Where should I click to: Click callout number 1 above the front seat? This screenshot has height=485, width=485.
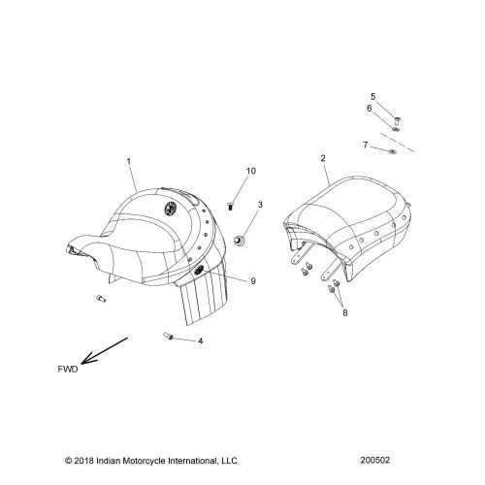[129, 161]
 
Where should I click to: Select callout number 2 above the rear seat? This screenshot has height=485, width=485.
[323, 158]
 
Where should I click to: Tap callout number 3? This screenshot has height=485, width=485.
[260, 205]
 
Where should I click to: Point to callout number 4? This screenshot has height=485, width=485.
[201, 340]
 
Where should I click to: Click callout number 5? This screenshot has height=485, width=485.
[373, 96]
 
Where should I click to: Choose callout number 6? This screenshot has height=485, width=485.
[370, 109]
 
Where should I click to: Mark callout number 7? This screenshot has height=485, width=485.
[366, 145]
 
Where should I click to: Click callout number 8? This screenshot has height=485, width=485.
[345, 312]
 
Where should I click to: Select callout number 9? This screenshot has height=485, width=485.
[253, 281]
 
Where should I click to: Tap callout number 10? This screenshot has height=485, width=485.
[251, 171]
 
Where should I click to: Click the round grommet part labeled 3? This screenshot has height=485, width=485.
[239, 241]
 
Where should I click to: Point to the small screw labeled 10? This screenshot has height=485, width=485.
[230, 206]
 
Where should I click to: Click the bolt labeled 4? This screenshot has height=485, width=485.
[169, 337]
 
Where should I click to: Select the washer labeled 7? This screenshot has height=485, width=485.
[393, 151]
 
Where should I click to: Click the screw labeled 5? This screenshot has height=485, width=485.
[398, 121]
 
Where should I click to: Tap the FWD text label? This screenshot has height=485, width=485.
[68, 370]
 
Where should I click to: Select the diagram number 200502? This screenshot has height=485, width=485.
[375, 460]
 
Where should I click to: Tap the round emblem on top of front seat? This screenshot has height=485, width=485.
[170, 208]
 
